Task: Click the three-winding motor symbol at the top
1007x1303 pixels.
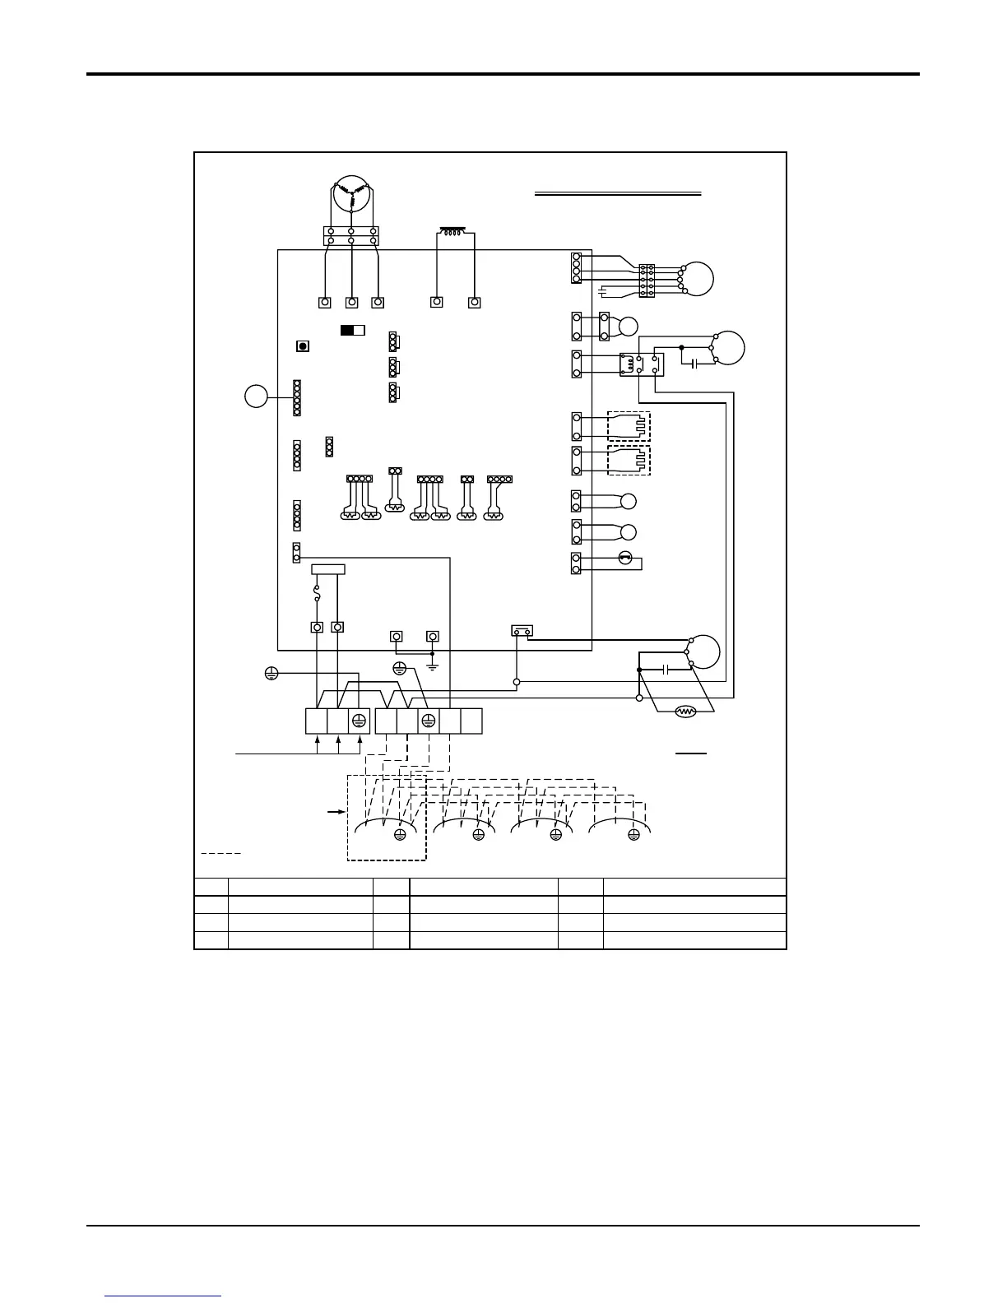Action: click(351, 196)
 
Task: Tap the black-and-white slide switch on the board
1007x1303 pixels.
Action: click(352, 330)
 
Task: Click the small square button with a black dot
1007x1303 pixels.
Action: click(303, 346)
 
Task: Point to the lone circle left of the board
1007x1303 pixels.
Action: click(256, 396)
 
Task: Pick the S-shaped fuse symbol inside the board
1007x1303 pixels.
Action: click(318, 593)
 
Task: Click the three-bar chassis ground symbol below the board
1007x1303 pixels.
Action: click(433, 665)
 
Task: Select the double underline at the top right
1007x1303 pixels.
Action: click(618, 194)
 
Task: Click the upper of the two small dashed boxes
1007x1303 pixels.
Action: click(629, 427)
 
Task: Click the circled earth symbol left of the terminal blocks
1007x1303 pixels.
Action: click(271, 673)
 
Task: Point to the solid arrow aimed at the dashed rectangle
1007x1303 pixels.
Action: click(335, 812)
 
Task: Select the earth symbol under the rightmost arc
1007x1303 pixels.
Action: click(633, 835)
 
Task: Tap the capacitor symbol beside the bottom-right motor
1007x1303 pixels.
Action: click(666, 670)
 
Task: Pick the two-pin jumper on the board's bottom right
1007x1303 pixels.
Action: click(522, 631)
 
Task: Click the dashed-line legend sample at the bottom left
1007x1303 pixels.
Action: click(220, 853)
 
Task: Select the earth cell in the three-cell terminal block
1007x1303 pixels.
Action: click(359, 721)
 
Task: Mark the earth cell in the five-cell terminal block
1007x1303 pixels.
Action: click(428, 721)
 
